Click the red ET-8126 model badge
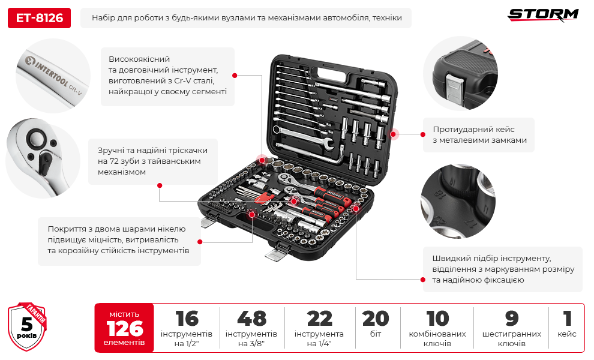[x=39, y=18]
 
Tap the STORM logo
[x=543, y=15]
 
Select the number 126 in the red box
[x=125, y=329]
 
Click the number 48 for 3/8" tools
[x=251, y=319]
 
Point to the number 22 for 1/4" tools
[x=319, y=319]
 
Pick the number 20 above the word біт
[x=376, y=319]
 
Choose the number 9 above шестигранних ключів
[x=511, y=319]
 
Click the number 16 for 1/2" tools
[x=187, y=319]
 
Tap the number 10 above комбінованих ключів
[x=437, y=319]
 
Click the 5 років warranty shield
[x=27, y=326]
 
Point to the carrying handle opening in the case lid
[x=334, y=73]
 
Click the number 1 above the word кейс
[x=567, y=319]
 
